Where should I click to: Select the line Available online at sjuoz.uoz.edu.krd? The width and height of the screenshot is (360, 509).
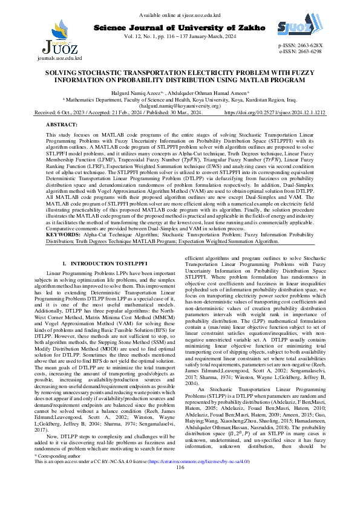[179, 15]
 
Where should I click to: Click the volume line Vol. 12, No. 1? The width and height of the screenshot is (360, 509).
[180, 37]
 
